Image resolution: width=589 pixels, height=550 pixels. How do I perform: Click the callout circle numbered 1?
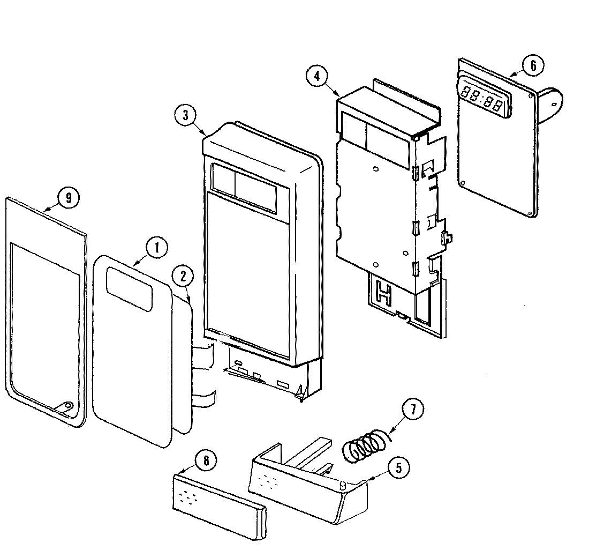(x=156, y=248)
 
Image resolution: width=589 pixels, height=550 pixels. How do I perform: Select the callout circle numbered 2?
(x=183, y=277)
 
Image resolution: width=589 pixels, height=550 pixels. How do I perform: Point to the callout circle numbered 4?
(x=318, y=76)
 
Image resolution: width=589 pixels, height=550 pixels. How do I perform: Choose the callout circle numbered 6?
(x=532, y=65)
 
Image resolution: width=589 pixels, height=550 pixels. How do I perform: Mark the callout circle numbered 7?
(x=412, y=410)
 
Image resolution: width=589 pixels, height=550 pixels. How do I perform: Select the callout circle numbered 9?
(x=68, y=198)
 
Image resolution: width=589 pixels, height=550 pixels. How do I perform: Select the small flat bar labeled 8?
(x=219, y=501)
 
